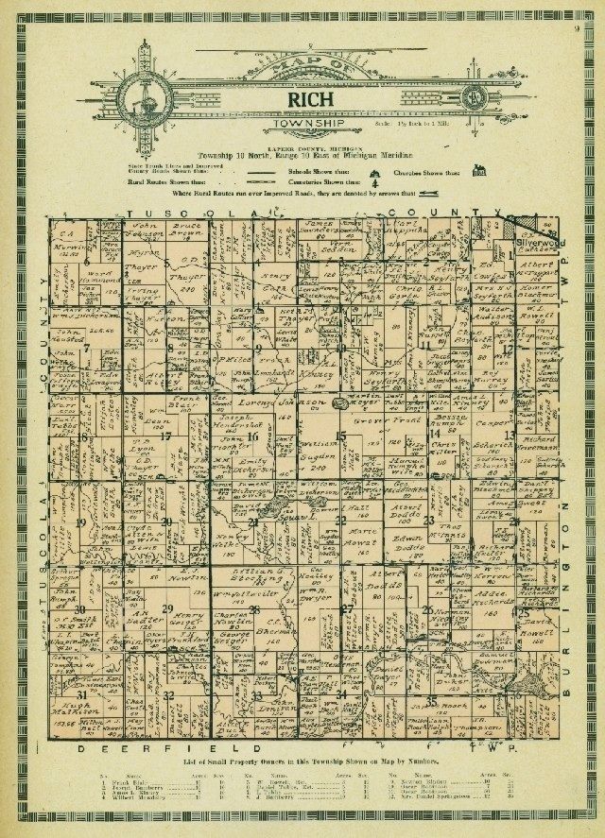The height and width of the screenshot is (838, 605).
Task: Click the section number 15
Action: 342,435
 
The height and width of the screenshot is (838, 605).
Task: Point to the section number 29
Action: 168,608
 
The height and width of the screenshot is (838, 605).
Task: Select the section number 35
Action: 431,699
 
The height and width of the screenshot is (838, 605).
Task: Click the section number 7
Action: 86,348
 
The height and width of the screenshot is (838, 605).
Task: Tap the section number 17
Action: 165,436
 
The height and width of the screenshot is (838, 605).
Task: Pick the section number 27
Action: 346,609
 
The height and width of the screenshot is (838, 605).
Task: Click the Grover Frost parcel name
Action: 407,417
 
